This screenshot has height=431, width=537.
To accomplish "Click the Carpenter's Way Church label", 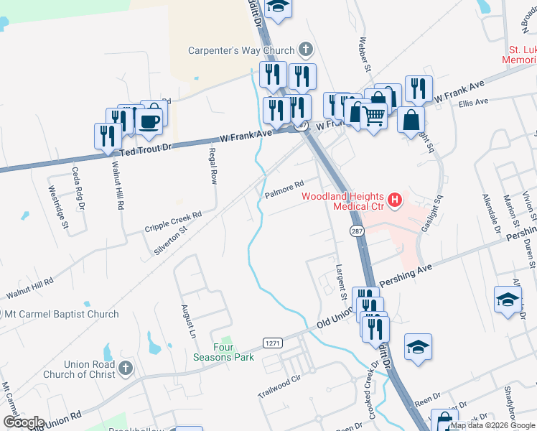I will pyautogui.click(x=241, y=50).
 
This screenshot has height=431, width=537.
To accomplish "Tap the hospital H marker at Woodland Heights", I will pyautogui.click(x=393, y=201).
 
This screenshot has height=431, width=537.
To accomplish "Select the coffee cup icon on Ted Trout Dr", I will pyautogui.click(x=149, y=121).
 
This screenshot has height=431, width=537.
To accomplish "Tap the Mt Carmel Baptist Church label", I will pyautogui.click(x=62, y=314).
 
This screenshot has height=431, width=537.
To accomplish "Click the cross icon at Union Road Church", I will pyautogui.click(x=126, y=369).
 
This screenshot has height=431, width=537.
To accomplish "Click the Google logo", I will pyautogui.click(x=24, y=422).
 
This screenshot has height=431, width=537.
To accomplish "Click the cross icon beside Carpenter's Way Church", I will pyautogui.click(x=305, y=50).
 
